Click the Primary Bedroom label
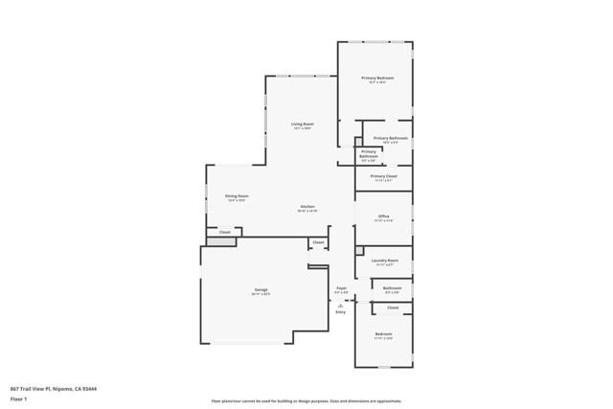[376, 78]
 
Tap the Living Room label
[303, 125]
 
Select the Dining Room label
[237, 196]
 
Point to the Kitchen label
[307, 207]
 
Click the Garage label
[261, 289]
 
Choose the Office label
[383, 216]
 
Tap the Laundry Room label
[384, 261]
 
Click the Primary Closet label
[383, 176]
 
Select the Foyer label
[341, 288]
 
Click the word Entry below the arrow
[340, 312]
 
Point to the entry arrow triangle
[340, 305]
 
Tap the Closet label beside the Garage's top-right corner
[317, 242]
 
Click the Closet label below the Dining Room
[225, 232]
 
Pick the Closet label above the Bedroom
[393, 307]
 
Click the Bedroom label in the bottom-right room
[383, 334]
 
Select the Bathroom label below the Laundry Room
[392, 288]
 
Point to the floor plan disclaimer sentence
[306, 400]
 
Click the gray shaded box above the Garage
[221, 241]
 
